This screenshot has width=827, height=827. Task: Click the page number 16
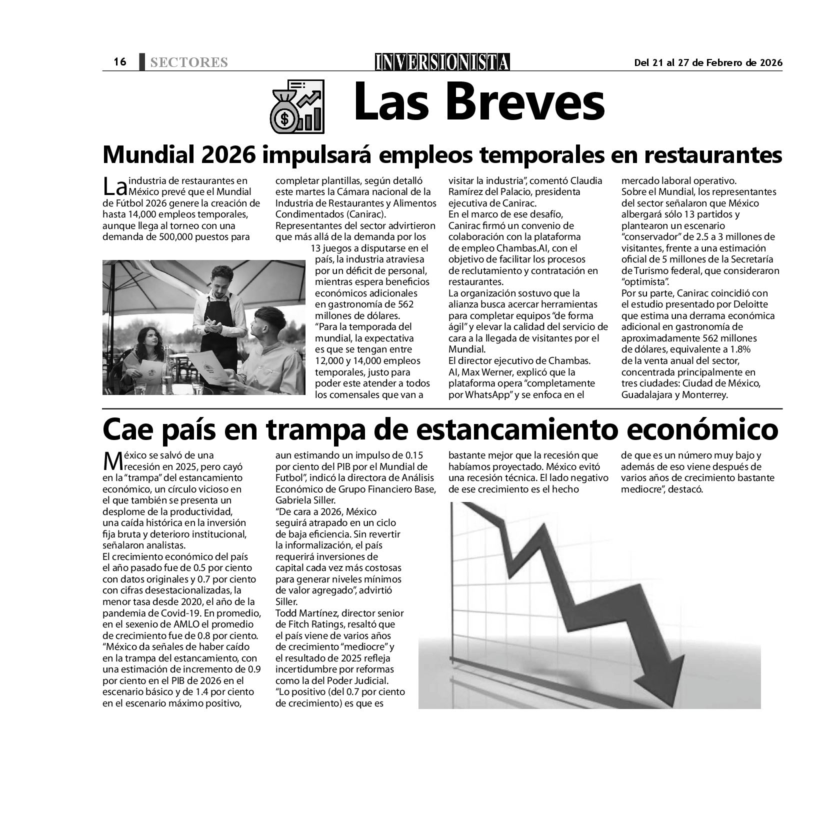(120, 62)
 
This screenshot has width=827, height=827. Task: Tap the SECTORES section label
(188, 62)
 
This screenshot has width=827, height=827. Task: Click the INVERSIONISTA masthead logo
(442, 62)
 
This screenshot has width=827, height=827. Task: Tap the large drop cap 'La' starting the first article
(114, 187)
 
